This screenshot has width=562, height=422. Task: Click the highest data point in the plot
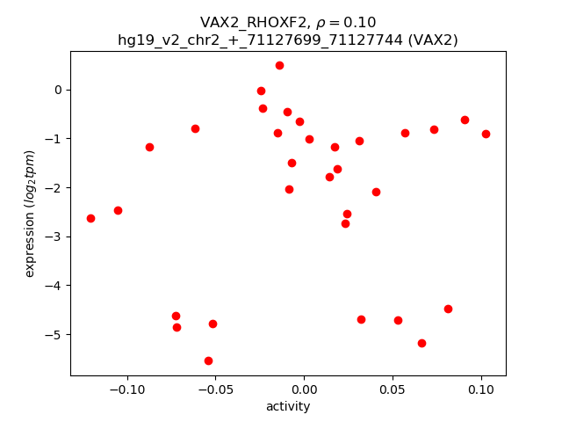pyautogui.click(x=279, y=65)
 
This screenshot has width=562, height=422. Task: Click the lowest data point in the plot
pyautogui.click(x=208, y=360)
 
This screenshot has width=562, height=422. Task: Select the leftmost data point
pyautogui.click(x=90, y=218)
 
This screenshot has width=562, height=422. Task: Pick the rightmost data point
pyautogui.click(x=486, y=134)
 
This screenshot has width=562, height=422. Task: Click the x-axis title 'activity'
pyautogui.click(x=288, y=406)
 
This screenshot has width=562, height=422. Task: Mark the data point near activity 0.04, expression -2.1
pyautogui.click(x=376, y=192)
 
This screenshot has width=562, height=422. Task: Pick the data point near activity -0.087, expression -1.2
pyautogui.click(x=149, y=147)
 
